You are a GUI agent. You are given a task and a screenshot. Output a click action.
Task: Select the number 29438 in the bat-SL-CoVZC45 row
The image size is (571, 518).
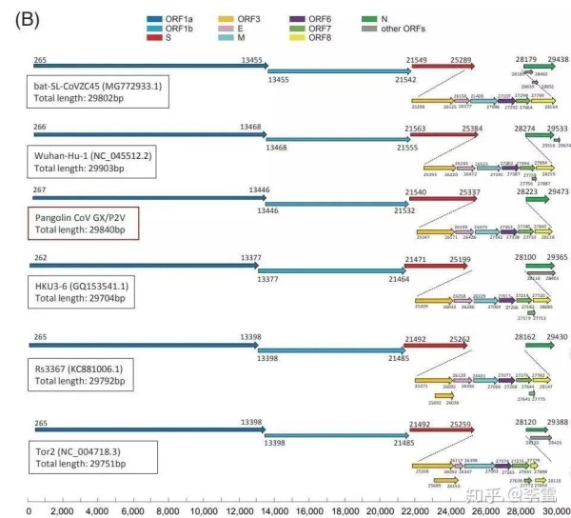click(559, 59)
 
